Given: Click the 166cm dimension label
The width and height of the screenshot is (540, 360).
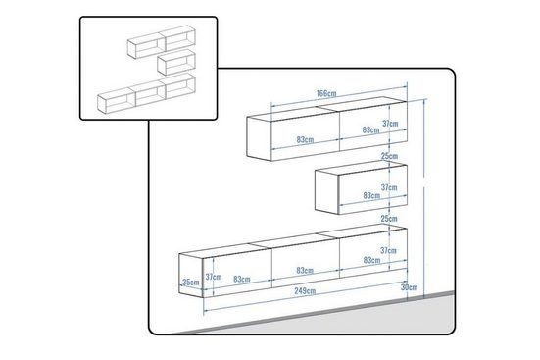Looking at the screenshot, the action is click(x=326, y=93).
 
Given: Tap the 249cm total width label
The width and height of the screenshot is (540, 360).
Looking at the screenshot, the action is click(x=305, y=291).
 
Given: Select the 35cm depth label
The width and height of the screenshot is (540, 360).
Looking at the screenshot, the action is click(x=190, y=283).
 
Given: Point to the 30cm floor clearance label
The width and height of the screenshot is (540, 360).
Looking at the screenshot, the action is click(x=409, y=287).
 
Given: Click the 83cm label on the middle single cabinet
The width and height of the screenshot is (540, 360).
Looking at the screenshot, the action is click(x=371, y=195).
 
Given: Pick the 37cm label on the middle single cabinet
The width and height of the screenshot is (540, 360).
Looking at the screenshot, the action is click(x=389, y=187).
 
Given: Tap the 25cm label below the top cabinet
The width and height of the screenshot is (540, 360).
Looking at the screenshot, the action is click(x=389, y=156).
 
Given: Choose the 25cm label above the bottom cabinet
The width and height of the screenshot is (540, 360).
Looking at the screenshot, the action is click(x=389, y=219).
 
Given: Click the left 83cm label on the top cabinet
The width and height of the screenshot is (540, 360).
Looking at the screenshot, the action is click(x=305, y=139).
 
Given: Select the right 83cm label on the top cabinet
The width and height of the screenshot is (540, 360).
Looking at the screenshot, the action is click(x=370, y=130).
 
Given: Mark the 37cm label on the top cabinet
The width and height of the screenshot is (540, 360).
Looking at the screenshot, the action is click(x=390, y=123).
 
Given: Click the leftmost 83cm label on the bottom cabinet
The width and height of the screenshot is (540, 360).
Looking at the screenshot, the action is click(x=242, y=279).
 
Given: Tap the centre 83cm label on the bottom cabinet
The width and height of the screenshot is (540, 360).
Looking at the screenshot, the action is click(x=305, y=271).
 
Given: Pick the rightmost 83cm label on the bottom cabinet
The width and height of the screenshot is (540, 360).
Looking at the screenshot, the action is click(x=371, y=260).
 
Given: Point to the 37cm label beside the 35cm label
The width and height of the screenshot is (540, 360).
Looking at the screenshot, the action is click(x=214, y=277).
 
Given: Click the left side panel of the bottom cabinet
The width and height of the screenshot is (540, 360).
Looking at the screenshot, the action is click(x=191, y=276).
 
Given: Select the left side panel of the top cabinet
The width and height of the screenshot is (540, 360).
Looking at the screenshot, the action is click(x=259, y=138).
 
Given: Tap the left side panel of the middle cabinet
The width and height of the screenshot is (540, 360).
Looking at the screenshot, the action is click(x=326, y=191).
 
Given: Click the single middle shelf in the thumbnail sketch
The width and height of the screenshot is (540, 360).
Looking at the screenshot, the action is click(x=176, y=62).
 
